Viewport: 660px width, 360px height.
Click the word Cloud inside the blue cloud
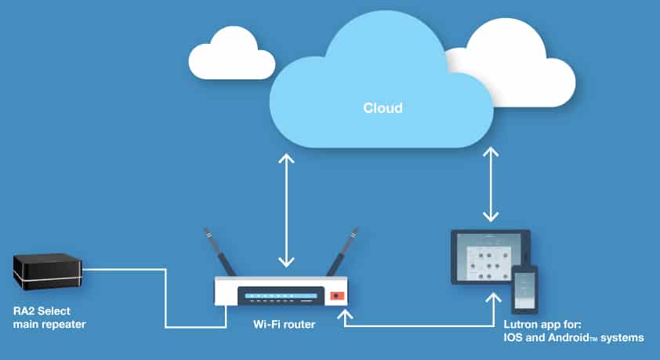pyautogui.click(x=383, y=107)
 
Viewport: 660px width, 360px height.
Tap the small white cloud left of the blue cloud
pyautogui.click(x=232, y=55)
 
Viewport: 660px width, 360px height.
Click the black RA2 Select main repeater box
pyautogui.click(x=48, y=271)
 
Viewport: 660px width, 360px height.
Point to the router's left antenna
pyautogui.click(x=219, y=252)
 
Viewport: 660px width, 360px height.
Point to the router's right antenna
pyautogui.click(x=343, y=252)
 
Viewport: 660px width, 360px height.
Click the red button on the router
pyautogui.click(x=337, y=296)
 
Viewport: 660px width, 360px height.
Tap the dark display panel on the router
pyautogui.click(x=281, y=296)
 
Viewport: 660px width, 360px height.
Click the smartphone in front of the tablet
pyautogui.click(x=524, y=289)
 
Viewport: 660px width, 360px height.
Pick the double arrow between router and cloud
pyautogui.click(x=286, y=210)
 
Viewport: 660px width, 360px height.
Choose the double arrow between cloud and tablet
pyautogui.click(x=491, y=184)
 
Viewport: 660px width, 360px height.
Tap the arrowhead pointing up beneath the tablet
pyautogui.click(x=493, y=298)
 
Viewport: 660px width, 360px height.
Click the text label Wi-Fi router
pyautogui.click(x=284, y=325)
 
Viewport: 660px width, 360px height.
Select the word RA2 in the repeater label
pyautogui.click(x=24, y=311)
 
